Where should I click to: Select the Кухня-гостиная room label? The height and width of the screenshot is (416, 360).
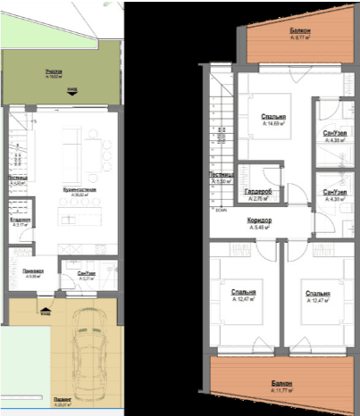tap(80, 190)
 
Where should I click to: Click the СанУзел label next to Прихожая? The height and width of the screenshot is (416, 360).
tap(87, 273)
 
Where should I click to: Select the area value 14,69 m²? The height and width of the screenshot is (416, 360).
tap(275, 124)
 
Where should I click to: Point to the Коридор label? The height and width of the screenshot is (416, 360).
tap(259, 220)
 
